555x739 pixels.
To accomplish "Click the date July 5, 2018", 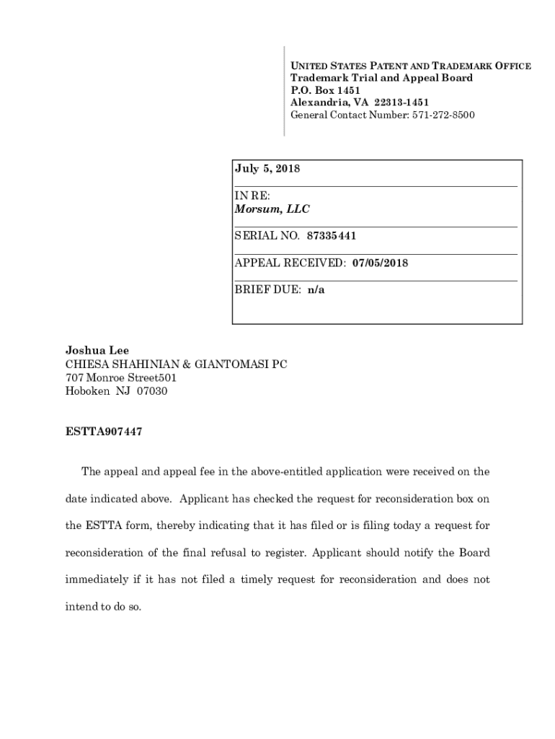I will pyautogui.click(x=267, y=169).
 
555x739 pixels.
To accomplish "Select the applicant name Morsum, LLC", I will pyautogui.click(x=272, y=209).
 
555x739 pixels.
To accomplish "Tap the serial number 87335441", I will pyautogui.click(x=332, y=236).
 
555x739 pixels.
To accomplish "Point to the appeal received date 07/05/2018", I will pyautogui.click(x=380, y=263).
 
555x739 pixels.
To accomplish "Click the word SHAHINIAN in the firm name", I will pyautogui.click(x=146, y=364).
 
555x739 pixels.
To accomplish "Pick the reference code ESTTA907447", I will pyautogui.click(x=104, y=432).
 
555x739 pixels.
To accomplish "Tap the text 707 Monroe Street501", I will pyautogui.click(x=121, y=378).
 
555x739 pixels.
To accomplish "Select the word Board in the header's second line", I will pyautogui.click(x=455, y=78).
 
